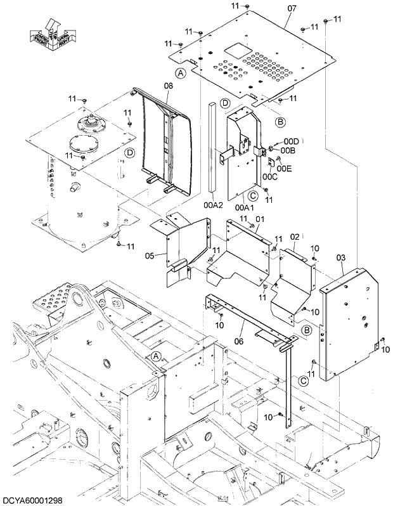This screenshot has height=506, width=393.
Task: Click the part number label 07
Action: click(292, 8)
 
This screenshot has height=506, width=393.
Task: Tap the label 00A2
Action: click(213, 205)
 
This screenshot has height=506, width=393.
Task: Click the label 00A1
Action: click(244, 207)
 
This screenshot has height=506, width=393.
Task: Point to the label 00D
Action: click(292, 141)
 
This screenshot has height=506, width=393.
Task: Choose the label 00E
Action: click(285, 168)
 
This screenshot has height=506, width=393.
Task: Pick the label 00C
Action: click(270, 177)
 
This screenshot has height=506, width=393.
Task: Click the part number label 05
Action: click(150, 256)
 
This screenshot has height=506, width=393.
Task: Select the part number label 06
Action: click(239, 325)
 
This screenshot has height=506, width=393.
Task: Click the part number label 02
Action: click(295, 237)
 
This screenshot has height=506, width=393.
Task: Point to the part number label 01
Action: click(259, 219)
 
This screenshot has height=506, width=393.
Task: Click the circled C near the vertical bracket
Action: click(304, 380)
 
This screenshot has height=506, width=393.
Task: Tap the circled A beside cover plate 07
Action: click(181, 74)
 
